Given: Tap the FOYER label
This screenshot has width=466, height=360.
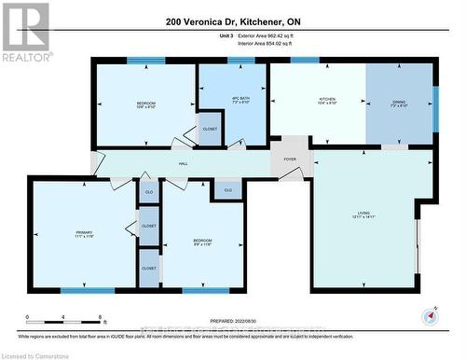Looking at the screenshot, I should pos(290,159).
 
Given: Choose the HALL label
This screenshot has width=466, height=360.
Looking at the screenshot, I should pos(184,162).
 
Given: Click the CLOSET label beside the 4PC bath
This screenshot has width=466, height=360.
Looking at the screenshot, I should pos(211,129).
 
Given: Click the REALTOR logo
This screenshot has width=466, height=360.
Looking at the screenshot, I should pos(25,31).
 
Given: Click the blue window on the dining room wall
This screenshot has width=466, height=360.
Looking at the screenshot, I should pos(434,99).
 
